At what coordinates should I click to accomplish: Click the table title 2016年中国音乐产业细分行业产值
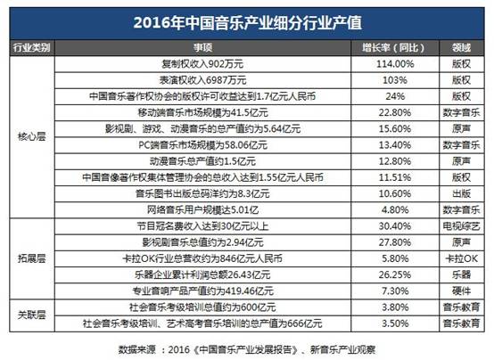click(x=248, y=23)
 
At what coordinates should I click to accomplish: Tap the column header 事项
click(x=202, y=48)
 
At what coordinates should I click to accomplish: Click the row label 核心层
click(x=32, y=136)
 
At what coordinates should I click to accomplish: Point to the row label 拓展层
click(x=32, y=258)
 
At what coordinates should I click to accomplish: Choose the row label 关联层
click(x=32, y=315)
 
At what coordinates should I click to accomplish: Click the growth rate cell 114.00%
click(x=395, y=64)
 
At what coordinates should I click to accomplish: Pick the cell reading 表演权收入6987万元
click(x=202, y=80)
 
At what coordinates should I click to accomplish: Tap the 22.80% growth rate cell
click(x=395, y=112)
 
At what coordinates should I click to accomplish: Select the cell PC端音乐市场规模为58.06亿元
click(x=203, y=145)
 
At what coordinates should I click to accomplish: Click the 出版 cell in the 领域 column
click(x=461, y=193)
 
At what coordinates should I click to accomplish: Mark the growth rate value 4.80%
click(x=395, y=209)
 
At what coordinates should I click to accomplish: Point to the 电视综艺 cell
click(x=461, y=226)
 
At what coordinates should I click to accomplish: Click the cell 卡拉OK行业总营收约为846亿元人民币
click(x=202, y=258)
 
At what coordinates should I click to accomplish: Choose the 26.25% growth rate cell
click(x=395, y=274)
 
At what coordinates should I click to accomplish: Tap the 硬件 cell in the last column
click(x=461, y=291)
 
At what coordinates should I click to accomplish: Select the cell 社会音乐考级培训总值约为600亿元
click(x=202, y=307)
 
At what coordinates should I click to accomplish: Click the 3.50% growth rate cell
click(x=395, y=323)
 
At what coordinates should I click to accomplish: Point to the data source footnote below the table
click(x=247, y=349)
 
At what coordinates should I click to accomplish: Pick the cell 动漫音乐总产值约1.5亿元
click(x=202, y=161)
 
